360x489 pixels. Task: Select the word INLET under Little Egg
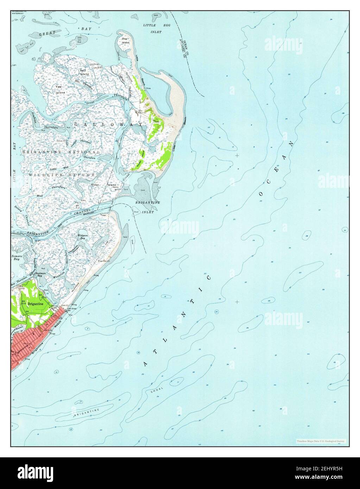point(157,32)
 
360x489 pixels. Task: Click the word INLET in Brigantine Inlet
point(147,208)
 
